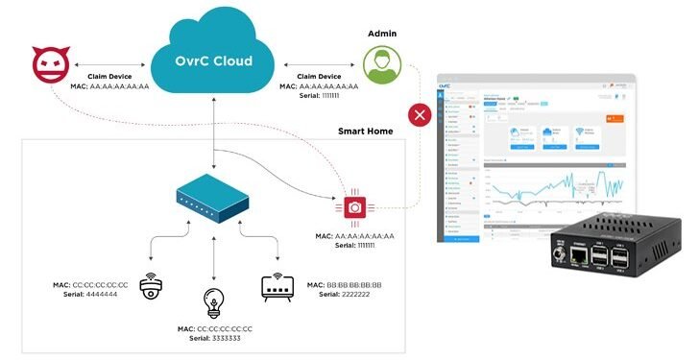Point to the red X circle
420,116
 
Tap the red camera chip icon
354,205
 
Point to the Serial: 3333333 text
214,338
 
